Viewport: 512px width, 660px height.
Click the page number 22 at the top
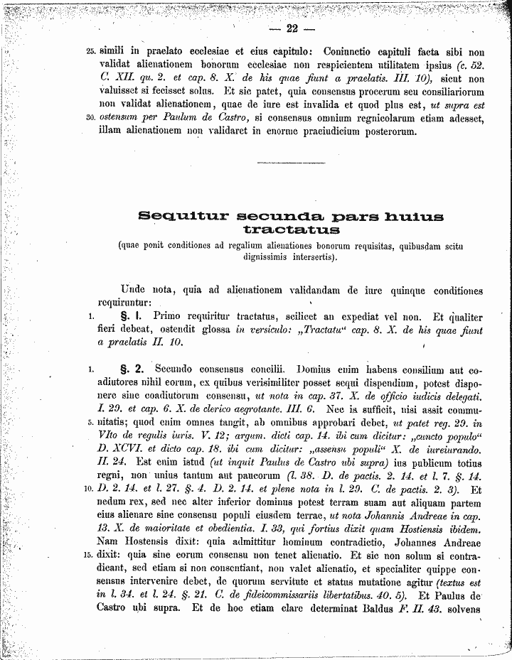[291, 29]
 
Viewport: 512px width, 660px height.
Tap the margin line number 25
[90, 51]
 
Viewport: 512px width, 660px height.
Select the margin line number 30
[90, 118]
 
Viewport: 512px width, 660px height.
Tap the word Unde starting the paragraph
[133, 291]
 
